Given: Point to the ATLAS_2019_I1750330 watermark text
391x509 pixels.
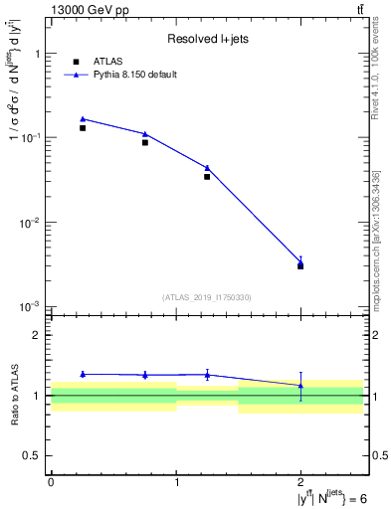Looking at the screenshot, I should pyautogui.click(x=207, y=297).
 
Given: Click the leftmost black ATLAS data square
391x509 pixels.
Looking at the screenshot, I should pyautogui.click(x=83, y=128).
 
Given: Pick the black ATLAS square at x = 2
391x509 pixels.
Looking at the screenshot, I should pyautogui.click(x=300, y=266).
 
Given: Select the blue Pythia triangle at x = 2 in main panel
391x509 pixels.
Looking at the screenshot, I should pyautogui.click(x=300, y=261).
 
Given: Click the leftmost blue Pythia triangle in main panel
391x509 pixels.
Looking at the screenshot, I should pyautogui.click(x=83, y=118).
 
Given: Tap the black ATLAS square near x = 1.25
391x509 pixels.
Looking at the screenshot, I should pyautogui.click(x=207, y=176).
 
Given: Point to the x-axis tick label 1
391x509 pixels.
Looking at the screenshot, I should pyautogui.click(x=176, y=482).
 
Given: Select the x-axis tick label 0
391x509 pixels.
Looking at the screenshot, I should pyautogui.click(x=52, y=482).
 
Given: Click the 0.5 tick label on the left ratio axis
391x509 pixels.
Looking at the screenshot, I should pyautogui.click(x=36, y=455).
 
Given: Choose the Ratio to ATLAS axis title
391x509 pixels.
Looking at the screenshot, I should pyautogui.click(x=13, y=396).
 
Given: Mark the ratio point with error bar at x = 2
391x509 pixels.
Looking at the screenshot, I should pyautogui.click(x=300, y=385).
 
